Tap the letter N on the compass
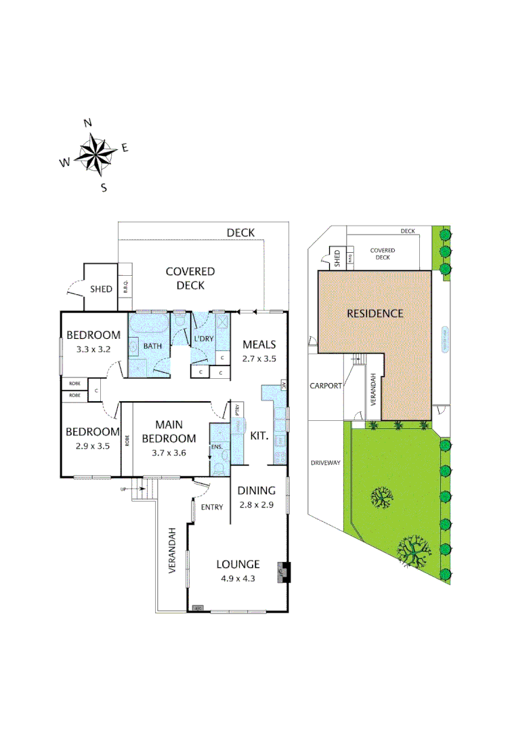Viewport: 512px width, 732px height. point(87,123)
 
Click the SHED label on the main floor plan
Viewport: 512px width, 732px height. point(101,289)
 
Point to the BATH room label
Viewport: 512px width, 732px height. point(152,346)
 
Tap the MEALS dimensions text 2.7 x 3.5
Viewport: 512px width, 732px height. point(259,359)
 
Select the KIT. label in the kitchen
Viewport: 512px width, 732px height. point(260,437)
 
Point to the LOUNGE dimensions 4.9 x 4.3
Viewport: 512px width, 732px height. point(238,578)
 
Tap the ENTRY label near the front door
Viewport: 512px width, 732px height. point(211,508)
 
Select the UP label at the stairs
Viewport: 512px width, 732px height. point(123,489)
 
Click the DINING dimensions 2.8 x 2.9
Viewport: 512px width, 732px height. point(255,505)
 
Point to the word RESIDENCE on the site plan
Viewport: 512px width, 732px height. point(375,314)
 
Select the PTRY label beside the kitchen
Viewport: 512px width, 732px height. point(238,410)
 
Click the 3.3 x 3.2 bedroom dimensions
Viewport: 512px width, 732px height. point(93,350)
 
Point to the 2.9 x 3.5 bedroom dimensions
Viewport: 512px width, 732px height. point(93,447)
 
